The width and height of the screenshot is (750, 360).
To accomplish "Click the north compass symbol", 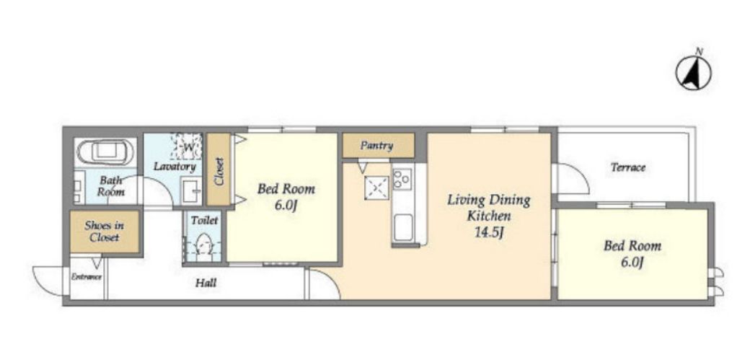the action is pyautogui.click(x=693, y=72).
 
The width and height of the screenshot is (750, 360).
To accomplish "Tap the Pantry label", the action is pyautogui.click(x=377, y=146).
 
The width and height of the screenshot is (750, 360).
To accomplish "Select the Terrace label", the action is pyautogui.click(x=628, y=167).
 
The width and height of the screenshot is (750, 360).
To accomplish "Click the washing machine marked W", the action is pyautogui.click(x=187, y=146).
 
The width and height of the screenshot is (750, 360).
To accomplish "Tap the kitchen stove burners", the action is pyautogui.click(x=402, y=178).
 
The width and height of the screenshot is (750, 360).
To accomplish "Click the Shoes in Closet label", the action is pyautogui.click(x=105, y=231).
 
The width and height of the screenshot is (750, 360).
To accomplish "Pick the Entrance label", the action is pyautogui.click(x=87, y=277).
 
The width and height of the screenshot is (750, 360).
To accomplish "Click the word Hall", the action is pyautogui.click(x=206, y=283).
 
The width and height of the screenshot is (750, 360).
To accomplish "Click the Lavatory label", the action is pyautogui.click(x=175, y=167).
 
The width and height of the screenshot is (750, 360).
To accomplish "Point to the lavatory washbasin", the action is pyautogui.click(x=191, y=190).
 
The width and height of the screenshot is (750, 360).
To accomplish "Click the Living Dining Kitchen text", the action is pyautogui.click(x=489, y=207).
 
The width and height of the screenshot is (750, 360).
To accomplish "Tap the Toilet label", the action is pyautogui.click(x=204, y=221).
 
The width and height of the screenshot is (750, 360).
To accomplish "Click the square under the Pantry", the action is pyautogui.click(x=377, y=188).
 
